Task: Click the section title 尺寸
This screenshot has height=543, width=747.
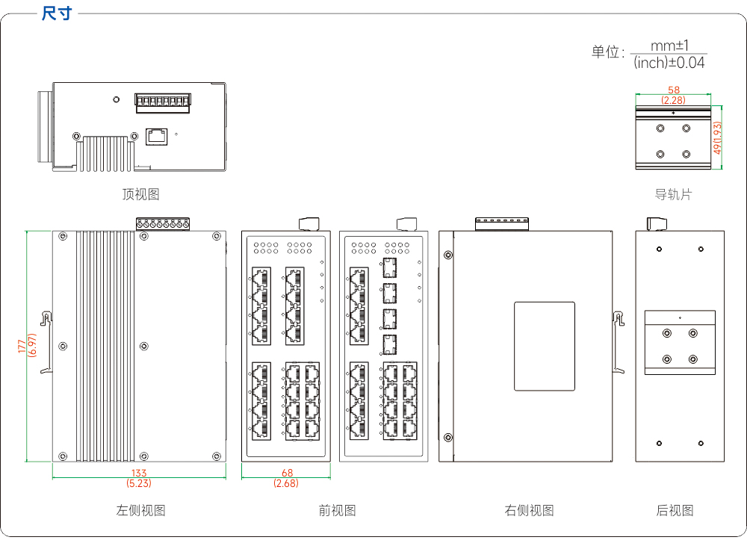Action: pyautogui.click(x=57, y=13)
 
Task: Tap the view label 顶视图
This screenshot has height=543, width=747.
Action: pyautogui.click(x=140, y=194)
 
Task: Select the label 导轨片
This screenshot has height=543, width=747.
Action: pyautogui.click(x=673, y=194)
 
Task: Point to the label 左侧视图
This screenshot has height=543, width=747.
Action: pyautogui.click(x=140, y=511)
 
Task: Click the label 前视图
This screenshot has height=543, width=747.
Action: pyautogui.click(x=338, y=511)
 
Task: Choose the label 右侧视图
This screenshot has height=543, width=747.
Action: pyautogui.click(x=530, y=511)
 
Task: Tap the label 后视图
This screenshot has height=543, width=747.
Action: pyautogui.click(x=675, y=511)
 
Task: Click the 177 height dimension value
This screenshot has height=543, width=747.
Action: pyautogui.click(x=22, y=346)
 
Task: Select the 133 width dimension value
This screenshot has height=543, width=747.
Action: pyautogui.click(x=139, y=473)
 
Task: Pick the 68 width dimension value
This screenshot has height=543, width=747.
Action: pyautogui.click(x=288, y=473)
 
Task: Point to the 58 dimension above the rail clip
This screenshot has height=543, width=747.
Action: pyautogui.click(x=674, y=90)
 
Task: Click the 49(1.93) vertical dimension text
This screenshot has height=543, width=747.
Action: pyautogui.click(x=717, y=137)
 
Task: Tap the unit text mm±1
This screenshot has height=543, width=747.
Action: pyautogui.click(x=670, y=46)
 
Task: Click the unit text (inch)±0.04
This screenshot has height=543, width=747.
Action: pyautogui.click(x=669, y=63)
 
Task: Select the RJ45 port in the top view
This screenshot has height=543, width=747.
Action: pyautogui.click(x=156, y=136)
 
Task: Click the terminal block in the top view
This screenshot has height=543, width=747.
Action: pyautogui.click(x=163, y=103)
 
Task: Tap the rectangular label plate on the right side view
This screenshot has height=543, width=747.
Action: pyautogui.click(x=545, y=347)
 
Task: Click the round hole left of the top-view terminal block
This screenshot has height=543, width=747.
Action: pyautogui.click(x=117, y=99)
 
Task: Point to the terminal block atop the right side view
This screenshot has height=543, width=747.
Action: pyautogui.click(x=502, y=224)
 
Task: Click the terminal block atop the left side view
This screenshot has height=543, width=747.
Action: pyautogui.click(x=163, y=224)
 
